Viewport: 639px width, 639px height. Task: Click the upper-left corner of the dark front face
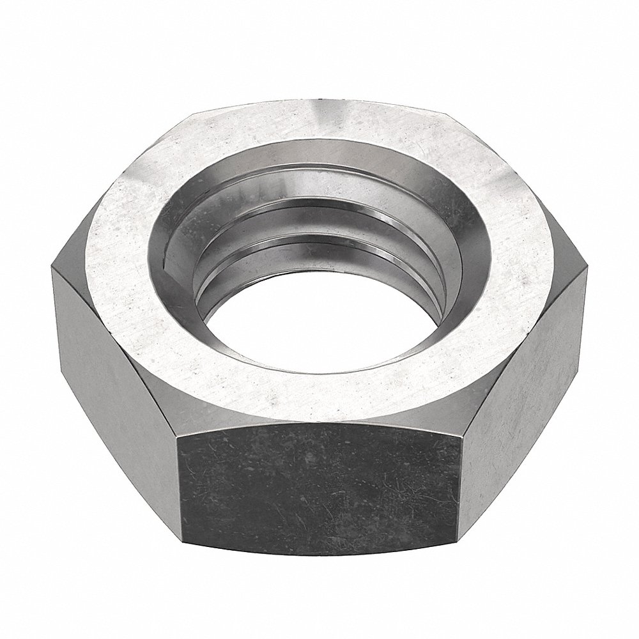177,435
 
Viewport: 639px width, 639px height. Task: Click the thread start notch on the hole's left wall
167,256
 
